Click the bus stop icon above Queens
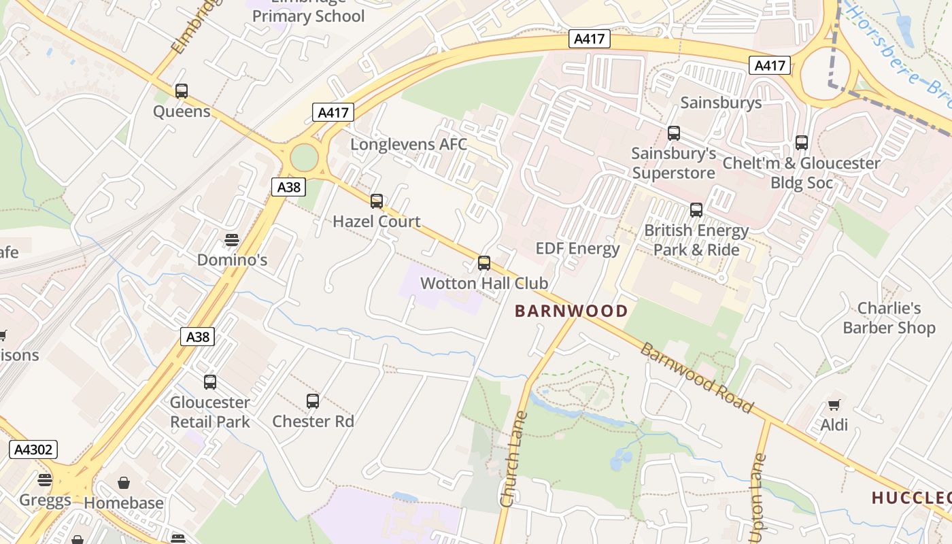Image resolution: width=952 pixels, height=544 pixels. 181,91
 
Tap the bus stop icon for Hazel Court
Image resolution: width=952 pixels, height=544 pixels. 376,201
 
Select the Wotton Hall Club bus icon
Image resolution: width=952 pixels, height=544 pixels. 484,263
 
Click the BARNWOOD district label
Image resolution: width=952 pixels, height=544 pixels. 571,311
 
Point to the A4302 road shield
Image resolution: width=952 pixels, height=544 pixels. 33,449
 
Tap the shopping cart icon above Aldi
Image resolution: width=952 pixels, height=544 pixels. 834,405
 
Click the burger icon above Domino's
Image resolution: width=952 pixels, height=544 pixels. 232,240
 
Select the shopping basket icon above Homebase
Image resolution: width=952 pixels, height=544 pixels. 124,483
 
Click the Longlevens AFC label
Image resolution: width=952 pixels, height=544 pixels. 409,144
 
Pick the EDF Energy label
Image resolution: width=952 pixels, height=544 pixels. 577,248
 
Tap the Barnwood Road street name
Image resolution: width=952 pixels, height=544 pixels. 696,378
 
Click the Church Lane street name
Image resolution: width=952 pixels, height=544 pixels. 513,459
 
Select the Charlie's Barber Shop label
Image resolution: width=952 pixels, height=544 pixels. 889,318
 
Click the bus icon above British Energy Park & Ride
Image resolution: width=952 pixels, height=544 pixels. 696,210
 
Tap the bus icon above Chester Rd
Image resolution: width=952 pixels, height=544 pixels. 313,401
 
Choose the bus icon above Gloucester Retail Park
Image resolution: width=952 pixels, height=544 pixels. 210,382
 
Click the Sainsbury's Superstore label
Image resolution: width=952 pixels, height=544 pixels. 673,163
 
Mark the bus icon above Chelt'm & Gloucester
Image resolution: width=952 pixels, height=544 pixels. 802,143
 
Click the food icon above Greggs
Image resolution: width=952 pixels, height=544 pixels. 45,480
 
